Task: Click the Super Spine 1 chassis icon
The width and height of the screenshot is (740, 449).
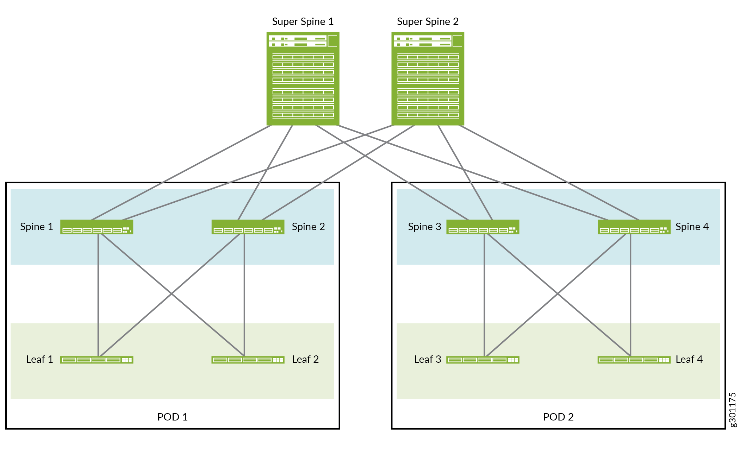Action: click(303, 78)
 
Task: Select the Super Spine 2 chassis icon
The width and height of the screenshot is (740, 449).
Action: click(428, 78)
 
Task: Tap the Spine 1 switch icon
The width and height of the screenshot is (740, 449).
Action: click(97, 227)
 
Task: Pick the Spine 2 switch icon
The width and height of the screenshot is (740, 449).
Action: click(248, 227)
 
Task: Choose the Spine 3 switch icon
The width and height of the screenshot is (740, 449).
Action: click(483, 227)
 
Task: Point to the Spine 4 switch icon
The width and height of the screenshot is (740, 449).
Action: click(634, 227)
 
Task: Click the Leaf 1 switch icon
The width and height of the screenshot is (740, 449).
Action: click(97, 360)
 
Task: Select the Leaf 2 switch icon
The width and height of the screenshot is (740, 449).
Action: click(248, 360)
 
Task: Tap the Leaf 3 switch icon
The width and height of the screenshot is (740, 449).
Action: click(483, 360)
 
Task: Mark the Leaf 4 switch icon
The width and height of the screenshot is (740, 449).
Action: click(634, 360)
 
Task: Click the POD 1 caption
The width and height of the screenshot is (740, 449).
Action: click(172, 417)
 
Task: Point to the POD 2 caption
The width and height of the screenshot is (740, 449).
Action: click(558, 417)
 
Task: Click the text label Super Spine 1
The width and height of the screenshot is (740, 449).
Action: click(303, 21)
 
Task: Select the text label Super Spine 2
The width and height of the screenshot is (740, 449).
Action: click(428, 21)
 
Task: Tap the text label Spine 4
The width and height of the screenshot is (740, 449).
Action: click(692, 227)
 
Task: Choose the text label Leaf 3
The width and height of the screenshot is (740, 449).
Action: click(427, 359)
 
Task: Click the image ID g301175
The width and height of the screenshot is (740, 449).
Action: click(732, 410)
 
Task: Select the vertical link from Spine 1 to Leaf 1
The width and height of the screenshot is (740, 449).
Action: click(98, 296)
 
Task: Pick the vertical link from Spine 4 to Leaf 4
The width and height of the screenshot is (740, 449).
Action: click(630, 296)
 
